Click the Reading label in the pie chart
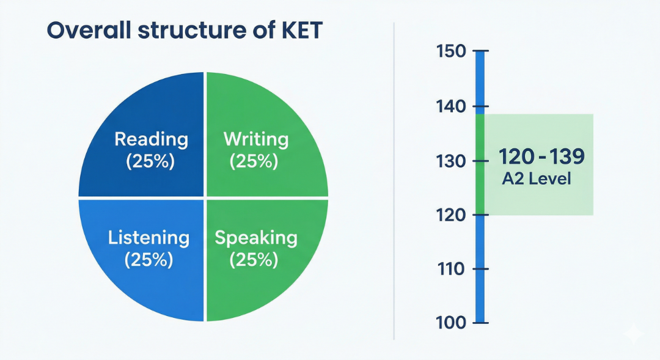(151, 139)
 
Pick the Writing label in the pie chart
(256, 139)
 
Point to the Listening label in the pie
(148, 238)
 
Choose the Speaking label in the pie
(256, 238)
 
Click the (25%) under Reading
(150, 161)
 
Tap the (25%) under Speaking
(254, 259)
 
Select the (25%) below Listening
(148, 259)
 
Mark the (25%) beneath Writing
(254, 161)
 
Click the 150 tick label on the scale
(451, 51)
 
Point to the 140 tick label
(451, 106)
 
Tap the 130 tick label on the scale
(451, 161)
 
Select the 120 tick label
(451, 215)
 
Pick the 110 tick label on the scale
(451, 269)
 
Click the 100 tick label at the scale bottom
(451, 323)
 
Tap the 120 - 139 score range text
(541, 156)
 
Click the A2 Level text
(537, 179)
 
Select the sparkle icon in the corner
(634, 334)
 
